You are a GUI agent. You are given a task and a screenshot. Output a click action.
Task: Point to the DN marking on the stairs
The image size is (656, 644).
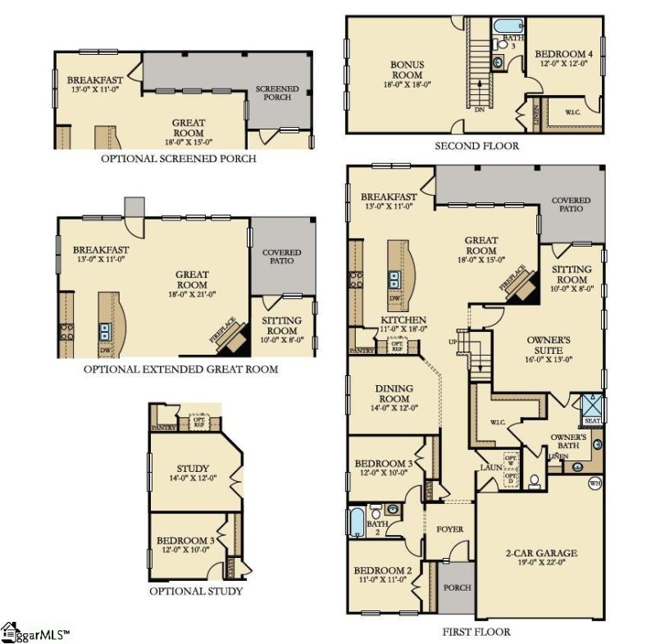coord(479,109)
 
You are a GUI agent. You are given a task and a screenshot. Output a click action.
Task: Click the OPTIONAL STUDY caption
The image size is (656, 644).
coord(196,591)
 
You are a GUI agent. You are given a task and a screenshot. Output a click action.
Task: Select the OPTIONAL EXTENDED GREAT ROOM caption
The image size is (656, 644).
coord(180,370)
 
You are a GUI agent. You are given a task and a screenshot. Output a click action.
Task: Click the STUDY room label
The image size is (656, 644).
coord(193,469)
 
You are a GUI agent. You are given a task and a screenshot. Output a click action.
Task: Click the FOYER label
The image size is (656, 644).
coord(449,529)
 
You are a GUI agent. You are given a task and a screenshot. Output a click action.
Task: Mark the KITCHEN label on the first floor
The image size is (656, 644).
coord(403,320)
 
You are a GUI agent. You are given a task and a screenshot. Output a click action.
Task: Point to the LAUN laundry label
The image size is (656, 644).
coord(490,467)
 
